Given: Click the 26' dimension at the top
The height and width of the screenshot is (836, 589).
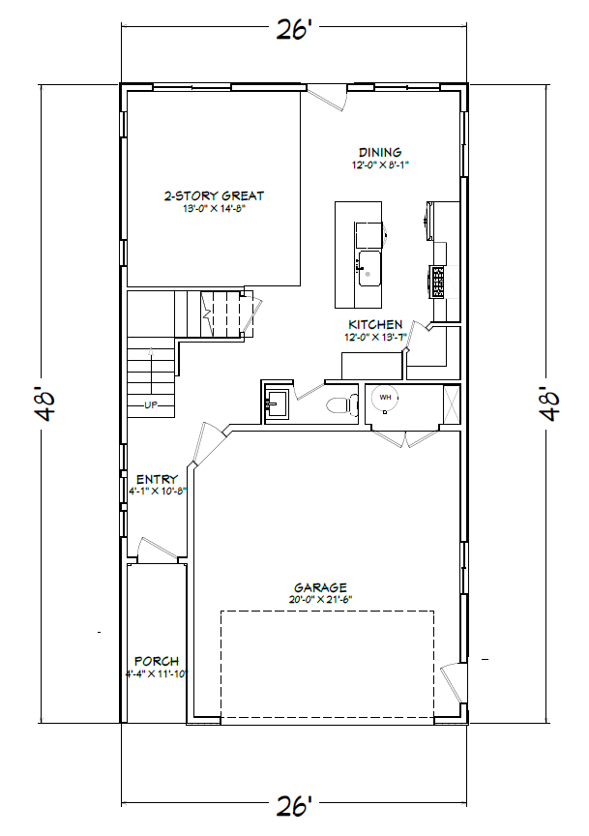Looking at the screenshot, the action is point(294,30).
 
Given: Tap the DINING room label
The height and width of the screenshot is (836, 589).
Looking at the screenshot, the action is point(380,153).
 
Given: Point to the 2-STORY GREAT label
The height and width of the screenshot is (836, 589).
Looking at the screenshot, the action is point(214,195).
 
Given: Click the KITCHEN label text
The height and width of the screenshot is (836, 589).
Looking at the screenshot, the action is point(375,324).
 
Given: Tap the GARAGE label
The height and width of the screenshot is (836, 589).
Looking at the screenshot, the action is point(320,587).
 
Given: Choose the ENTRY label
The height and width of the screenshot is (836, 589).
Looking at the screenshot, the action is point(157,479).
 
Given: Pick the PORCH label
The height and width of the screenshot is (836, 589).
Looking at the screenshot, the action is point(157,661).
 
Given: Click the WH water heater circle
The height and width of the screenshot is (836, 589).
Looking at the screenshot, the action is point(385,398).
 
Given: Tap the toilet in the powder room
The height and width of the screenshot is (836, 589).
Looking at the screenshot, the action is point(342,404).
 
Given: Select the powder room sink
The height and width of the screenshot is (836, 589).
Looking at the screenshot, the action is point(277,403).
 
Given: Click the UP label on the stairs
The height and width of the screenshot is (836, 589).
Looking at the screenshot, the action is point(152,404).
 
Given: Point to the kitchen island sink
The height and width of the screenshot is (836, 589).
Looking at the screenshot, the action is point(369,269).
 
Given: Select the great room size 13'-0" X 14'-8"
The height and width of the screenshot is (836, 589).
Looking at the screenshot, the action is point(214,208).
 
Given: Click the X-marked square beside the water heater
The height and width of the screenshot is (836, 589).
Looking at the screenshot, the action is point(452,404).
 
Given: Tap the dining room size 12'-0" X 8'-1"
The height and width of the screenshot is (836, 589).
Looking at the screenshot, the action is point(380,165).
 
